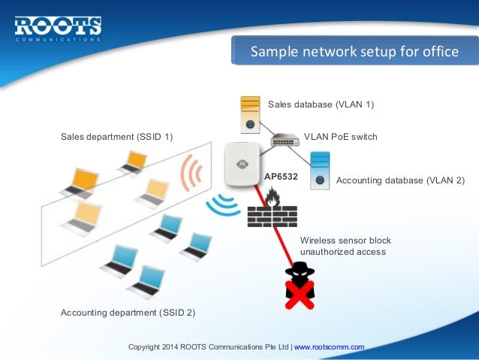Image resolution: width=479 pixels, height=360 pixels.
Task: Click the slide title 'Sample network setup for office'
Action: tap(354, 52)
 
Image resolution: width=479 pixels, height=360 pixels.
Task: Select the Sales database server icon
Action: tap(250, 113)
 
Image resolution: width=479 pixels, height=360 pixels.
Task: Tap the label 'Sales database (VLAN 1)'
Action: tap(321, 104)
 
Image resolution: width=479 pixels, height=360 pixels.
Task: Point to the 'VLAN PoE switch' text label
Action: tap(340, 138)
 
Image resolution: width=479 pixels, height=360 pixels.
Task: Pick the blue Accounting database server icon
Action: tap(321, 170)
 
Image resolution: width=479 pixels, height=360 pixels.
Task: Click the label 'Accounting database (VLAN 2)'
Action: tap(400, 181)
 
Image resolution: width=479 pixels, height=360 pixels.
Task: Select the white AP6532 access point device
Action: tap(241, 167)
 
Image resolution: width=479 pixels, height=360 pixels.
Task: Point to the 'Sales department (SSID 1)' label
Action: tap(116, 137)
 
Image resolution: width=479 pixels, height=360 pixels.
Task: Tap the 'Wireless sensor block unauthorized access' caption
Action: tap(345, 246)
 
